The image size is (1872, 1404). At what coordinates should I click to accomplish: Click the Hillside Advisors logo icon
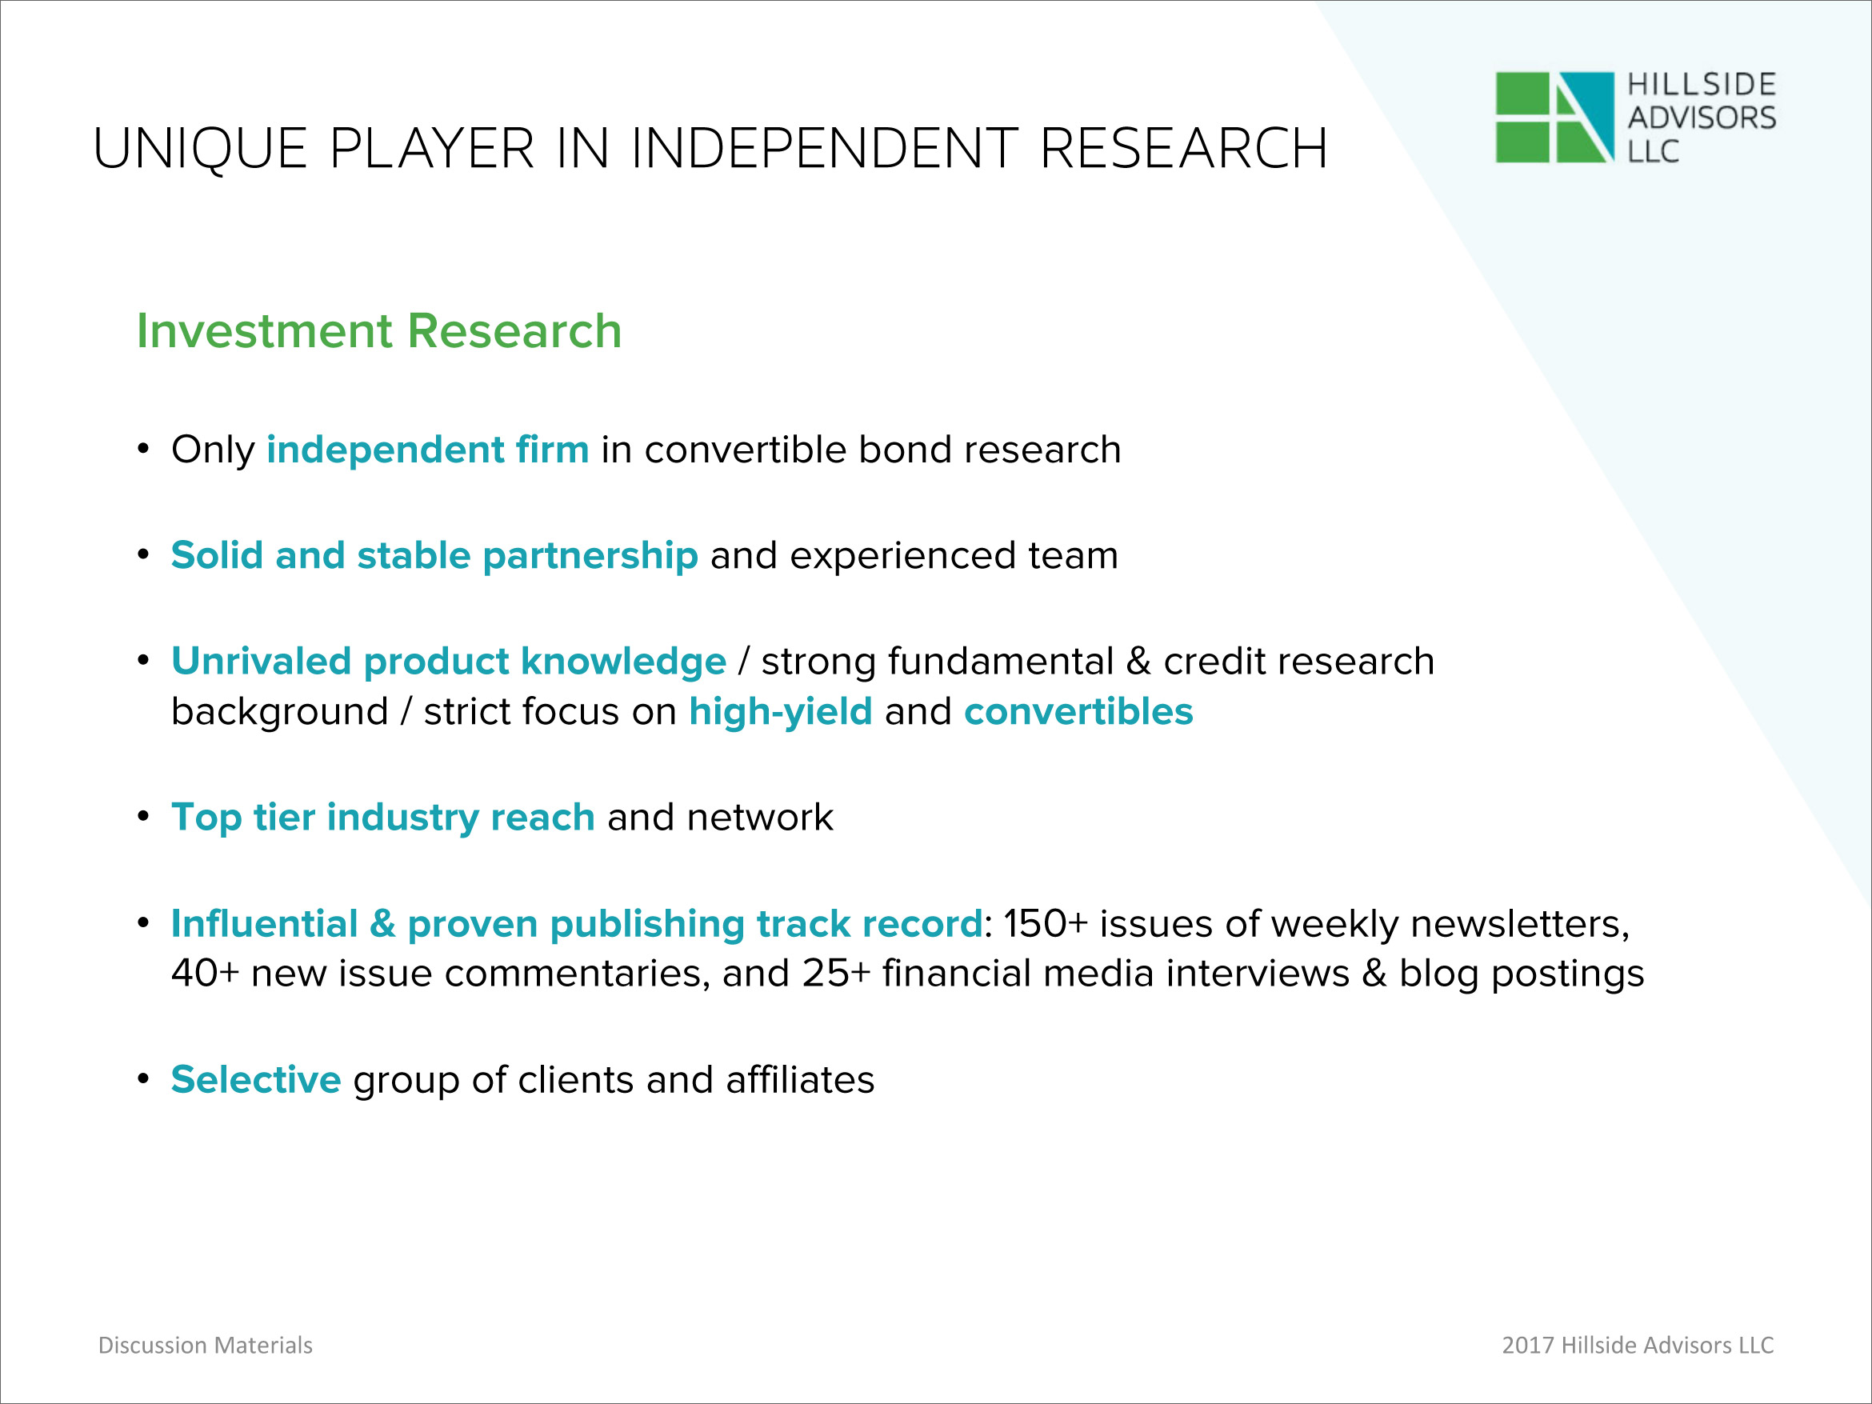pos(1554,117)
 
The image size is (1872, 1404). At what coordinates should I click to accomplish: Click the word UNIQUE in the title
pos(200,150)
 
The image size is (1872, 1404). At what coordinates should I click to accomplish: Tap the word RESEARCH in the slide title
pos(1182,149)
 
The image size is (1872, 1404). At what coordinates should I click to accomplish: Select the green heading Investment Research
pos(379,330)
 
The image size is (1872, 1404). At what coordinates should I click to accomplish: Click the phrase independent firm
pos(427,449)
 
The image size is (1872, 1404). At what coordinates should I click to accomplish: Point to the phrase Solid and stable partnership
pos(434,556)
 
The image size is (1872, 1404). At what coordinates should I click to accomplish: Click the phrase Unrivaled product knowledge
pos(449,661)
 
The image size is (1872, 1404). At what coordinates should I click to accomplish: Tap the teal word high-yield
pos(780,712)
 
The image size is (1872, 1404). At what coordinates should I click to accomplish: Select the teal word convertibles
pos(1078,711)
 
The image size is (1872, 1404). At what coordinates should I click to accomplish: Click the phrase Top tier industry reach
pos(382,818)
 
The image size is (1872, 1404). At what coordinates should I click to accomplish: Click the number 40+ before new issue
pos(205,974)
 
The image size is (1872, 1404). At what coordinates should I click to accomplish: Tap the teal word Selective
pos(255,1079)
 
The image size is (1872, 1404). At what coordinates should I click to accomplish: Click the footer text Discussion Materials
pos(206,1345)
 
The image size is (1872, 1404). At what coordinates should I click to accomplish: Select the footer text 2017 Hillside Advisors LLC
pos(1638,1345)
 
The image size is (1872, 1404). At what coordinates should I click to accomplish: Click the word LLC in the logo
pos(1653,150)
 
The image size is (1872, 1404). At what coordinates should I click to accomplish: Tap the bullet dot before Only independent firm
pos(144,449)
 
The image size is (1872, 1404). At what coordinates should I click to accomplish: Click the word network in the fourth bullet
pos(760,818)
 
